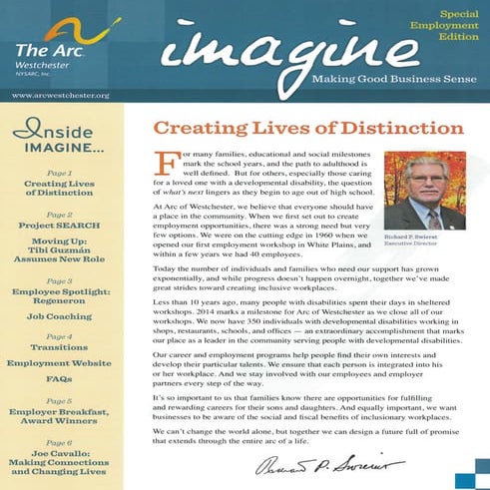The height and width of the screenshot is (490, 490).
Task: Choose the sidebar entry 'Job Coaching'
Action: click(60, 316)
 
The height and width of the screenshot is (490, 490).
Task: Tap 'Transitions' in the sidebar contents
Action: click(60, 348)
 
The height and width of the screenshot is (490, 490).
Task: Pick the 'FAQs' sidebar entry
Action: click(60, 379)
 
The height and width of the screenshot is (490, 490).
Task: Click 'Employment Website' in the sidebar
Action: click(60, 363)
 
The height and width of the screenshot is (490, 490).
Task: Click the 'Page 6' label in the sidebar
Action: click(60, 442)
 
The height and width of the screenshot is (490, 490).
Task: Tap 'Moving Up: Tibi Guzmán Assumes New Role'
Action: click(60, 254)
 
